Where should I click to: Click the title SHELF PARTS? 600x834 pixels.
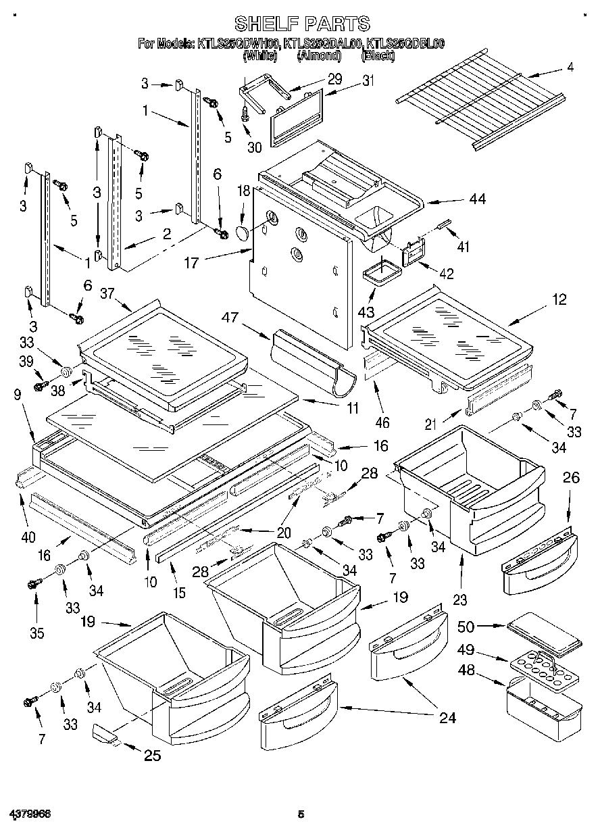pos(301,25)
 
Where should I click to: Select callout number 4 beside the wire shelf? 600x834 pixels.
pos(570,68)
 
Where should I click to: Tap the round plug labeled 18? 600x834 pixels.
pos(242,233)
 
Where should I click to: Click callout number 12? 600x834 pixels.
pos(559,300)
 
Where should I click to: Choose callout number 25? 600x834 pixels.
pos(152,755)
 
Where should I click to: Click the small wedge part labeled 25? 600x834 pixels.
pos(105,733)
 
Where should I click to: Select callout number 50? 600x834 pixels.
pos(466,627)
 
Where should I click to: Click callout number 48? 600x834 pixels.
pos(466,672)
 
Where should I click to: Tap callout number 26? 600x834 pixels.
pos(571,478)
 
